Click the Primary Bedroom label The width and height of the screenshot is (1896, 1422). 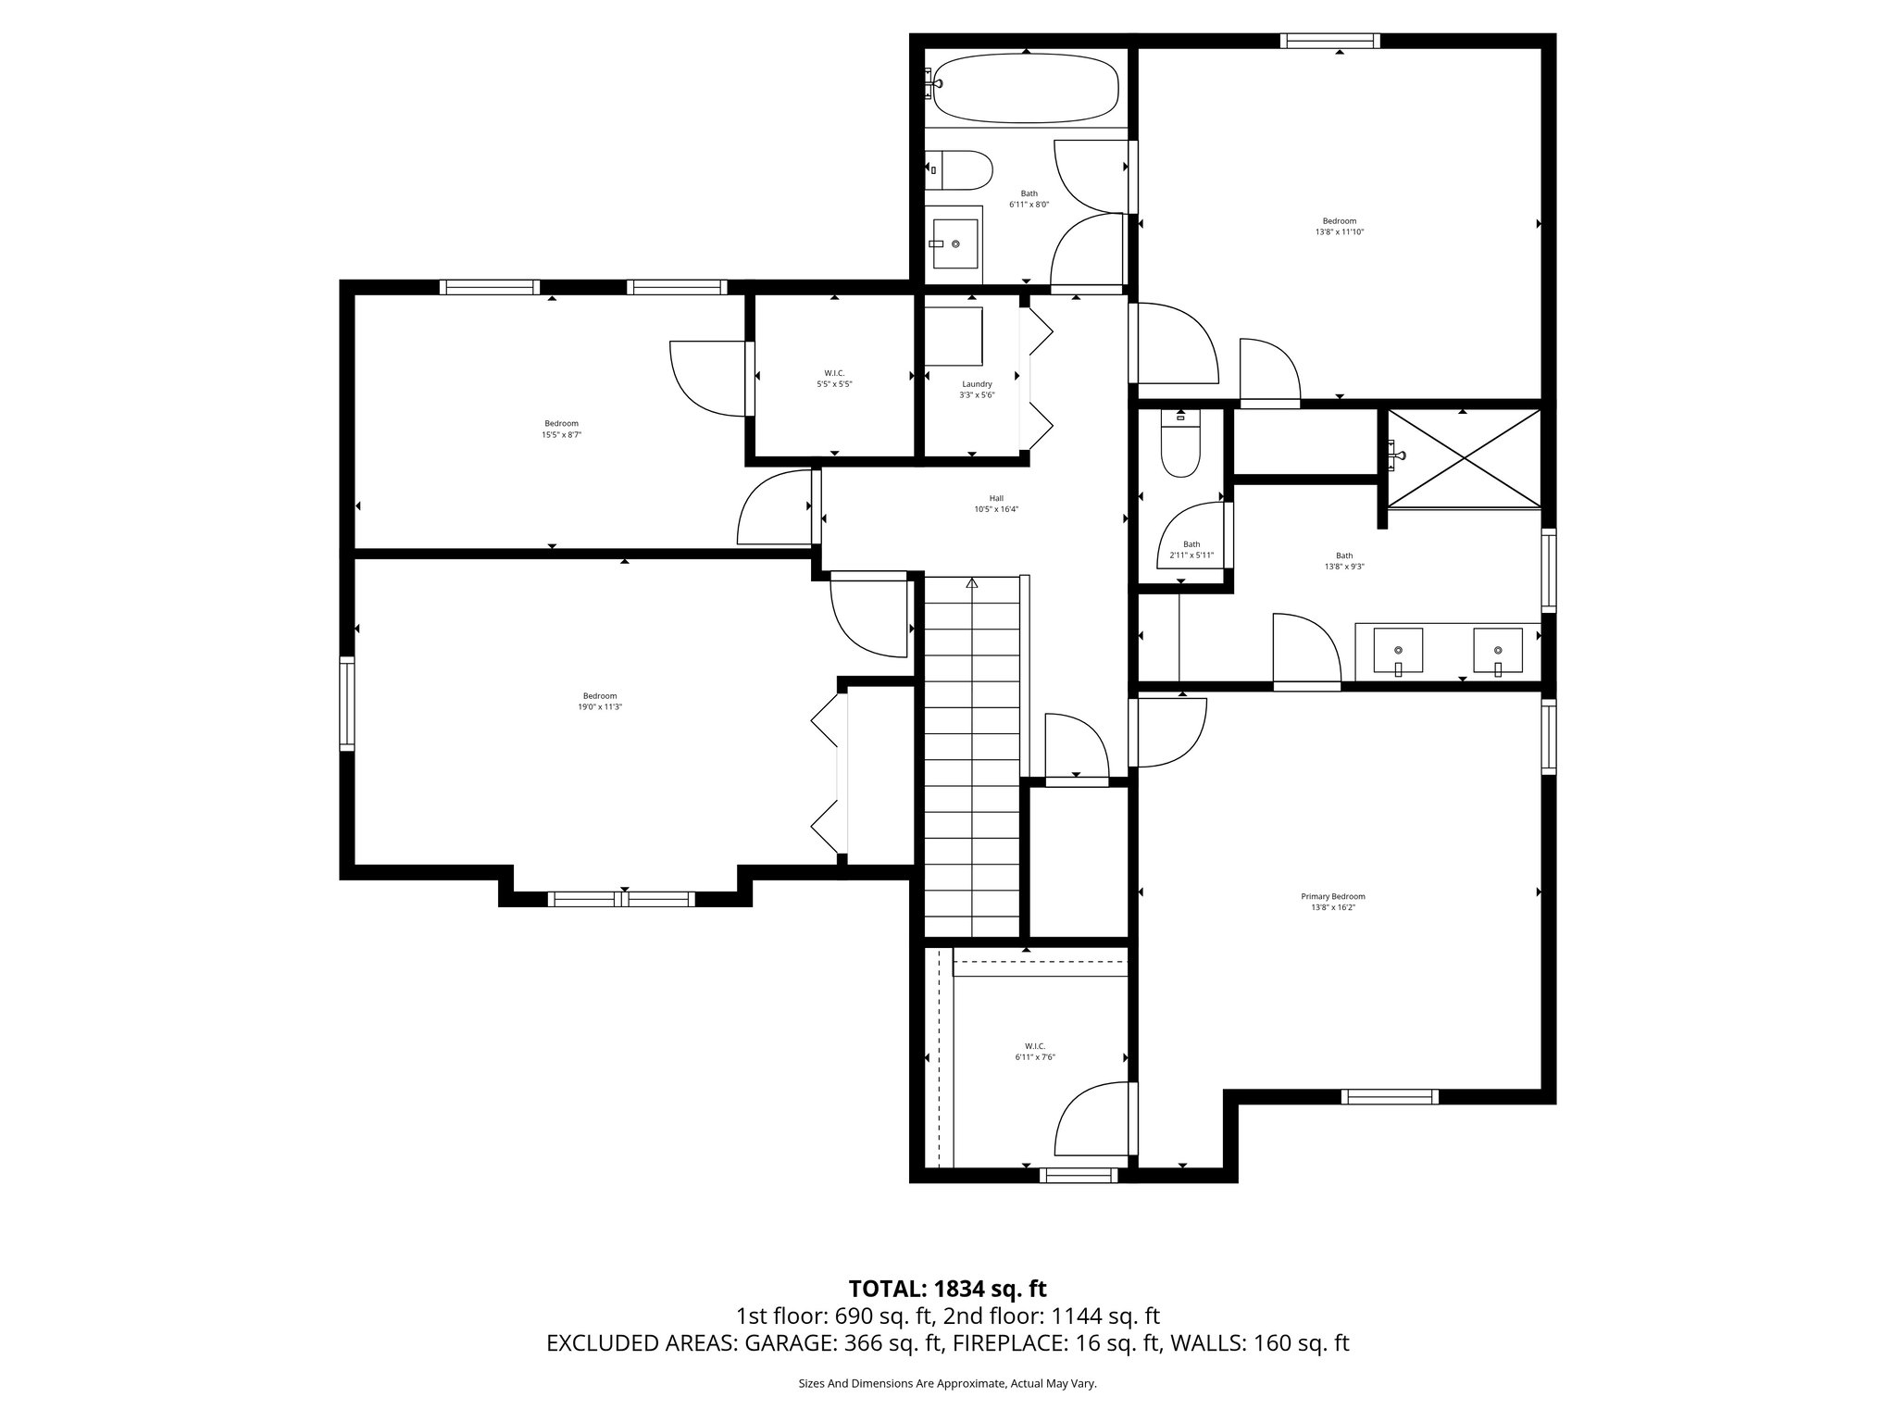[1333, 896]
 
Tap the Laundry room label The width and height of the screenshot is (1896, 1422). [977, 384]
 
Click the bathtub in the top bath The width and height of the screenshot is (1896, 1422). [1026, 88]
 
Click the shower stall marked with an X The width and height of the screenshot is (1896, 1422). [1463, 459]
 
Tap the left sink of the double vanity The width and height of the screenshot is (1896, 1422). [1397, 650]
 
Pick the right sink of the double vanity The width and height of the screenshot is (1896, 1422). [1497, 650]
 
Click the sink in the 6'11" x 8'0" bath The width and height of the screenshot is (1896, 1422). [954, 243]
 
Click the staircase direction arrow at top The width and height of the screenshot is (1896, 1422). [972, 583]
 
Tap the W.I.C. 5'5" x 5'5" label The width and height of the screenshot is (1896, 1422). [834, 373]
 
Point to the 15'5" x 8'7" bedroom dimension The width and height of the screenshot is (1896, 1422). [561, 434]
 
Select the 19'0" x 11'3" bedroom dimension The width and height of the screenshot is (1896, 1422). [600, 706]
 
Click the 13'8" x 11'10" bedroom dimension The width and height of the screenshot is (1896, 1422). [1340, 231]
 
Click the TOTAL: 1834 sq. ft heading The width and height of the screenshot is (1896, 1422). [947, 1289]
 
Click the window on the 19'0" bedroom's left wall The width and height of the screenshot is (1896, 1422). [347, 703]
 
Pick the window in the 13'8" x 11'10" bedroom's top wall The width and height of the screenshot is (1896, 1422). [1330, 41]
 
